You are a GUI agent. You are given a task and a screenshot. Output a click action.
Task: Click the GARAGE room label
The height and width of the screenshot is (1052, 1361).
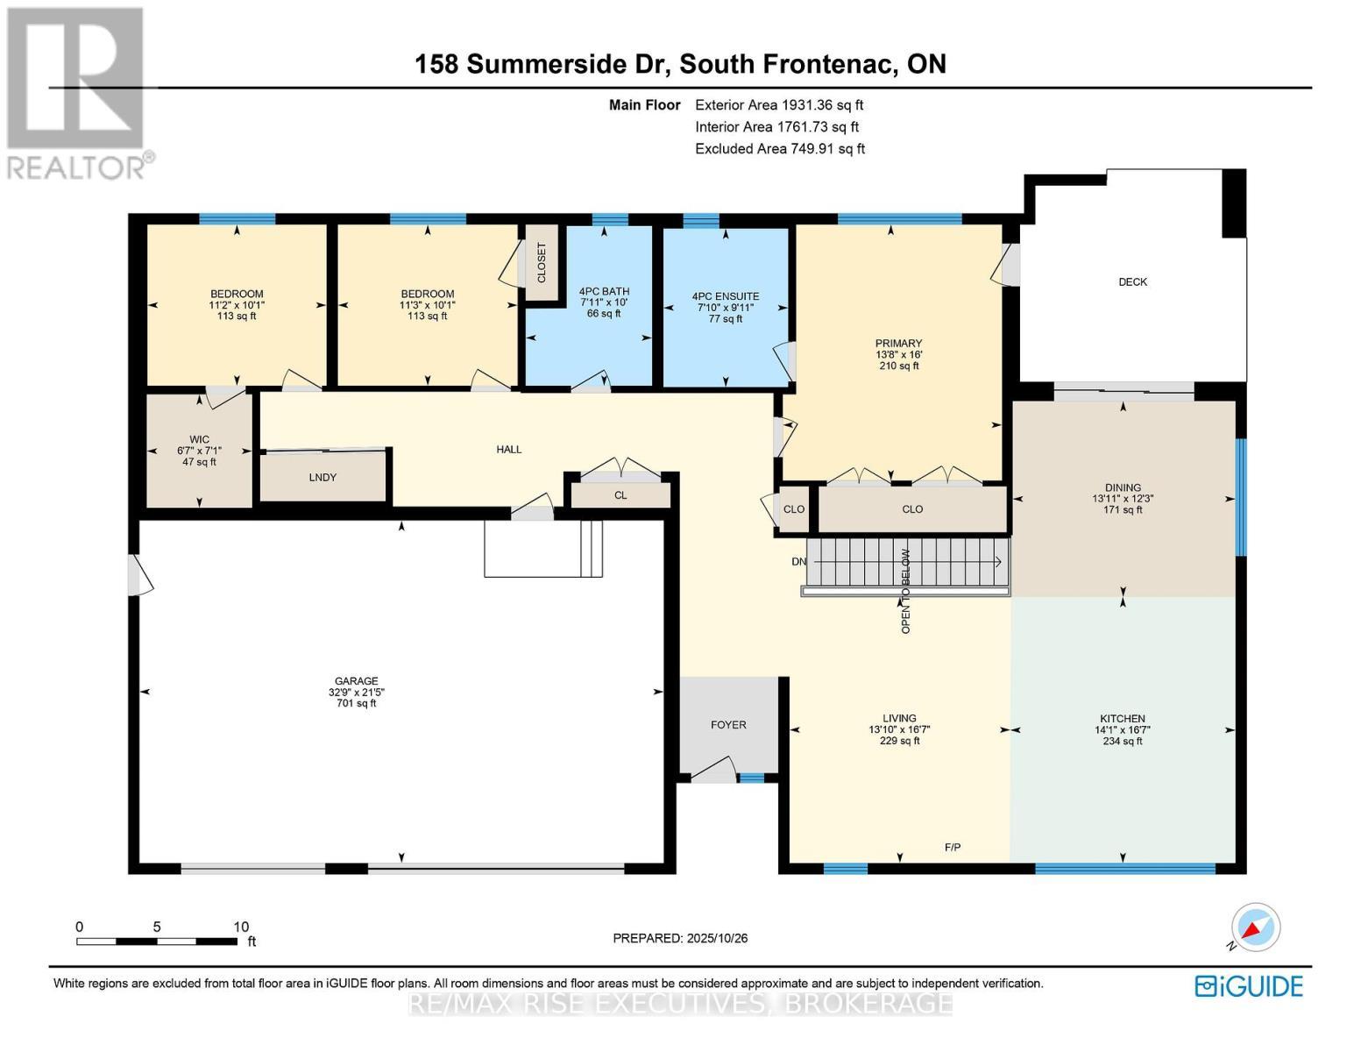point(356,681)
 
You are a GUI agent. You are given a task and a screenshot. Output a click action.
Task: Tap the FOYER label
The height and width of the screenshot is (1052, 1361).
point(728,725)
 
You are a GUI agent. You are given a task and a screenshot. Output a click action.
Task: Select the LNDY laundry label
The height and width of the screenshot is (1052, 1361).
point(323,478)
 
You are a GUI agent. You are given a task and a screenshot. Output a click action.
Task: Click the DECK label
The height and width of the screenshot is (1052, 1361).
point(1132,282)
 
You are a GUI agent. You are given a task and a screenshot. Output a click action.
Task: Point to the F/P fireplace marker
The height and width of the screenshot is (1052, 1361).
point(953,847)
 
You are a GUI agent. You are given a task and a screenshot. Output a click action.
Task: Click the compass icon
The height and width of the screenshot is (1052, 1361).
point(1255,928)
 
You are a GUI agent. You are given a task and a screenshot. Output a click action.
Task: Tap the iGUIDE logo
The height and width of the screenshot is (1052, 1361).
point(1249,986)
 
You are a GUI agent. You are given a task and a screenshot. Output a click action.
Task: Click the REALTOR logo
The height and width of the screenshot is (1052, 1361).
point(77,92)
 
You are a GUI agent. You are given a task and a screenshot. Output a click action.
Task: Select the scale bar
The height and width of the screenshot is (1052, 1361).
point(157,942)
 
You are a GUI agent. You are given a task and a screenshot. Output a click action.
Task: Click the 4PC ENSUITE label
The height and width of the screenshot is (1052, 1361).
point(726,296)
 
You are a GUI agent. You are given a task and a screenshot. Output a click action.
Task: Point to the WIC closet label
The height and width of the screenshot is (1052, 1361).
point(199,439)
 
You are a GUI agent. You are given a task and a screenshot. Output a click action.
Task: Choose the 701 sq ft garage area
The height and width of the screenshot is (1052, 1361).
point(356,703)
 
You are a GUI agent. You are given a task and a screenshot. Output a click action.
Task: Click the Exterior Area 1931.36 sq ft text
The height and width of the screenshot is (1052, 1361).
point(779,105)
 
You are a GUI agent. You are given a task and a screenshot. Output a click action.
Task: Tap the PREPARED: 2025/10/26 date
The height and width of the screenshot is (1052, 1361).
point(680,938)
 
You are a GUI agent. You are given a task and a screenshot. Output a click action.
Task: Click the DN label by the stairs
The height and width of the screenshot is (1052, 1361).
point(798,562)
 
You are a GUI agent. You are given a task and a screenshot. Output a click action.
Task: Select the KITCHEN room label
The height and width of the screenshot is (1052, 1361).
point(1123,718)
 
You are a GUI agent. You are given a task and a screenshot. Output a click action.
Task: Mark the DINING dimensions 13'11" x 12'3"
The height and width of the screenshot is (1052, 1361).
point(1123,499)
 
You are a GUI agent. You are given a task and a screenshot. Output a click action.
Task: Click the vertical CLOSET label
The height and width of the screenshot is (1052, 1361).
point(541,262)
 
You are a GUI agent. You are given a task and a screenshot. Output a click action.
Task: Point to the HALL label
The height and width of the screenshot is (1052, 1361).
point(509,450)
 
